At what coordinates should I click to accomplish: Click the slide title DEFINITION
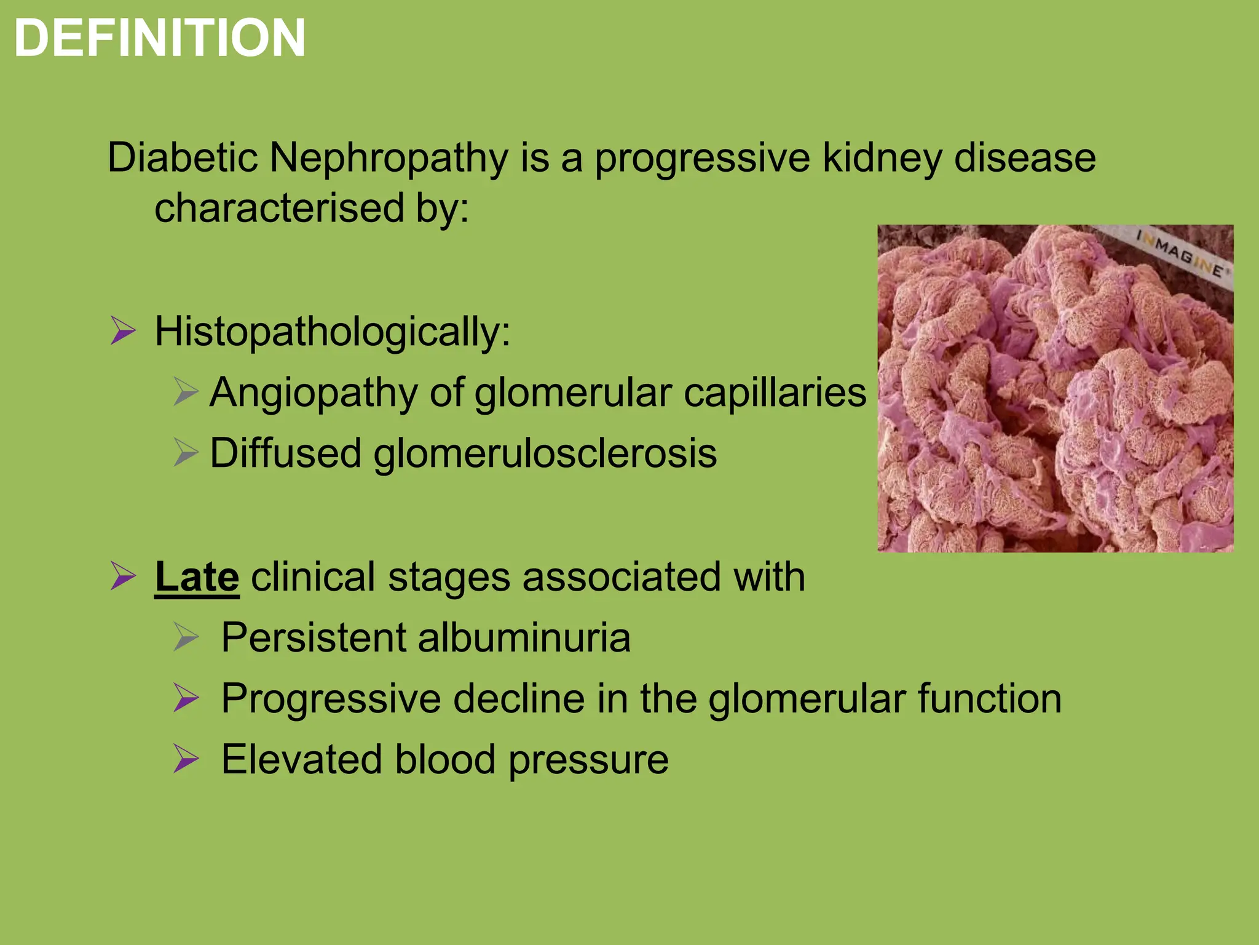click(x=160, y=38)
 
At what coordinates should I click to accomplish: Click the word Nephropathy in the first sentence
click(x=389, y=158)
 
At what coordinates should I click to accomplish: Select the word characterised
click(x=278, y=208)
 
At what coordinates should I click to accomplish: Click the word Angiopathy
click(x=314, y=393)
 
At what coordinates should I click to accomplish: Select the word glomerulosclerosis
click(x=545, y=453)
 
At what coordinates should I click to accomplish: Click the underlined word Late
click(x=197, y=577)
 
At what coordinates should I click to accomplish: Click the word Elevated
click(x=301, y=759)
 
